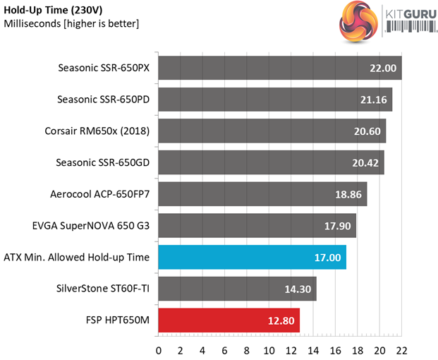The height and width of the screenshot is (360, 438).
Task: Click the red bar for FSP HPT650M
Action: pyautogui.click(x=229, y=319)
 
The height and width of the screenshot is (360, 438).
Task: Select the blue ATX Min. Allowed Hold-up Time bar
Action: pyautogui.click(x=252, y=257)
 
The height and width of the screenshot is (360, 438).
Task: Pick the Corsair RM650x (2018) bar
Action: pyautogui.click(x=272, y=131)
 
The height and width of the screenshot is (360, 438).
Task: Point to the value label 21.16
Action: pyautogui.click(x=372, y=100)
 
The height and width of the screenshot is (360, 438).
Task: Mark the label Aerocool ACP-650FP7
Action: pyautogui.click(x=102, y=194)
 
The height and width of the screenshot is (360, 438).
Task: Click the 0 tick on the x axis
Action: pyautogui.click(x=159, y=350)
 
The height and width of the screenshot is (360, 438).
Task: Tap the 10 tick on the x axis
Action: pyautogui.click(x=269, y=350)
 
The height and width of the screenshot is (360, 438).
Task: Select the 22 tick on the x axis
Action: pyautogui.click(x=401, y=350)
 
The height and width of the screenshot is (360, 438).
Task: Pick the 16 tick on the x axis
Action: pyautogui.click(x=336, y=350)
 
